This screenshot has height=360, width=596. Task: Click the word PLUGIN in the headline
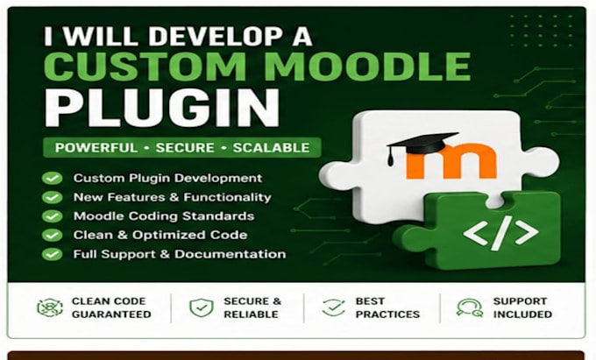pos(162,109)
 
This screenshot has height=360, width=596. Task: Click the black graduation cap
pos(422,145)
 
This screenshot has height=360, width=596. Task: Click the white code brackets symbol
pos(500,232)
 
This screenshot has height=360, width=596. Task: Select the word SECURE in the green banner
pos(185,148)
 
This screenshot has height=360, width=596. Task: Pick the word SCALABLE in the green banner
pos(271,148)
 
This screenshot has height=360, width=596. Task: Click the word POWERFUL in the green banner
pos(96,148)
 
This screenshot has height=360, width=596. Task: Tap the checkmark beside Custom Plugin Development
pos(53,178)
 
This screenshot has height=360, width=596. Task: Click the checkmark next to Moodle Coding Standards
pos(53,216)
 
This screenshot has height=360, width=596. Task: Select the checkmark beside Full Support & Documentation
pos(53,254)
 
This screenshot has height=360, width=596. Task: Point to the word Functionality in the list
pos(227,197)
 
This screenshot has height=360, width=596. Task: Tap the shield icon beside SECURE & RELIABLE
pos(202,307)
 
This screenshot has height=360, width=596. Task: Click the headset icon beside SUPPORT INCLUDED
pos(470,307)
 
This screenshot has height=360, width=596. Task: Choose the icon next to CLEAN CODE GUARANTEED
pos(50,307)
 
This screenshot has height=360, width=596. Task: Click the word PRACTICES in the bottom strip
pos(387,314)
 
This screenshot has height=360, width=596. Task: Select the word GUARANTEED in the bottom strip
pos(111,314)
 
